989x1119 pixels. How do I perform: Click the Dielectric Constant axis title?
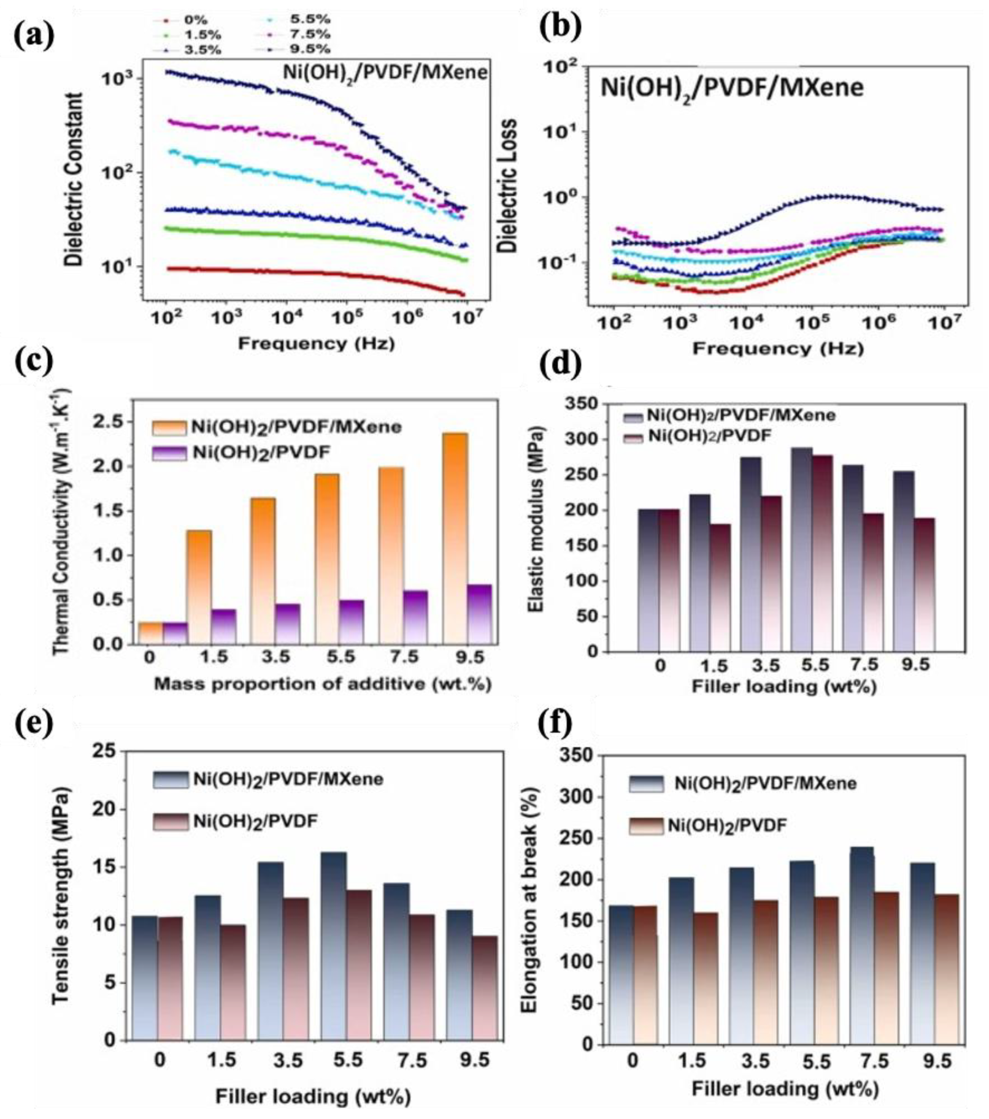click(x=74, y=179)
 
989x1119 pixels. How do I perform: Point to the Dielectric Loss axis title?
click(x=507, y=186)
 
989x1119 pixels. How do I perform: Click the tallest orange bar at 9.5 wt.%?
click(x=455, y=538)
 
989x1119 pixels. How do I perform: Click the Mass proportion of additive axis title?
click(x=322, y=684)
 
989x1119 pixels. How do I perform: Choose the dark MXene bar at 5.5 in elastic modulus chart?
click(x=801, y=549)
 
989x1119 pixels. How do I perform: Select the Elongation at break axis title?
click(x=529, y=897)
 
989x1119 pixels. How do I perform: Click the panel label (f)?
click(x=554, y=724)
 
